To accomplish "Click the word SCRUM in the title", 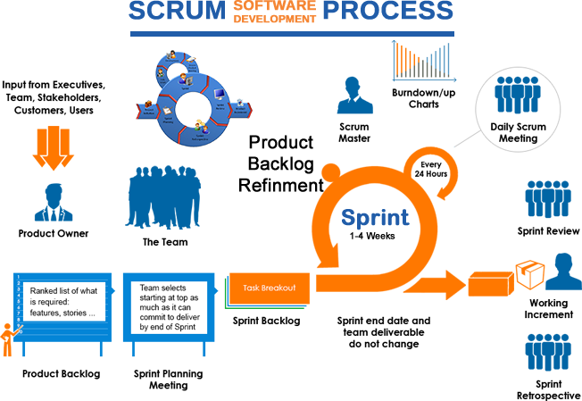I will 177,12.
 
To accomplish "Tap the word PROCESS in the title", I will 388,12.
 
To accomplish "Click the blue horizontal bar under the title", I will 292,34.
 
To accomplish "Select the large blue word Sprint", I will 376,217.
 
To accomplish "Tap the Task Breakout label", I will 269,288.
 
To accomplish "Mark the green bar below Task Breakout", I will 268,310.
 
